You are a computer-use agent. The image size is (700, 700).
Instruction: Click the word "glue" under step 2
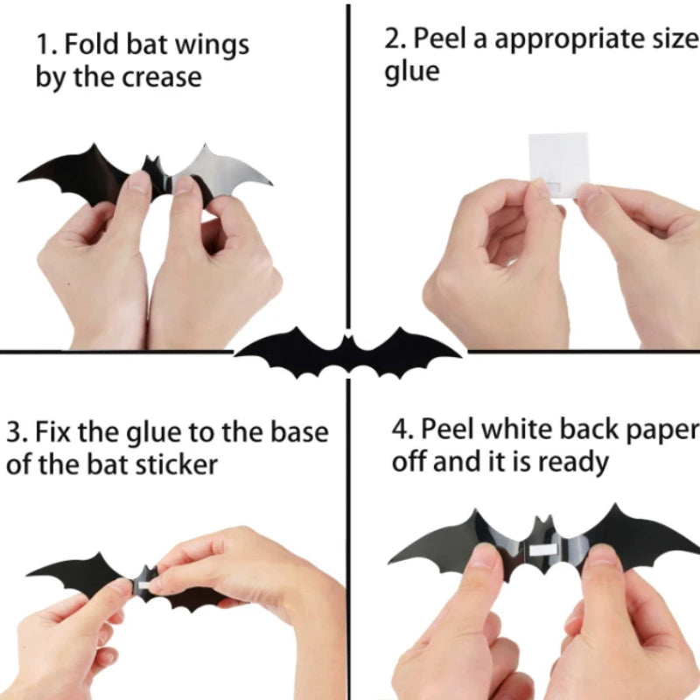click(412, 73)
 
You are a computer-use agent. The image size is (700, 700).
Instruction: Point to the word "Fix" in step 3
click(52, 432)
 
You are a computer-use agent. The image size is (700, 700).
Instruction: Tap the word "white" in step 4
click(517, 429)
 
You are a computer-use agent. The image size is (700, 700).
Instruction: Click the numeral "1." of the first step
click(47, 45)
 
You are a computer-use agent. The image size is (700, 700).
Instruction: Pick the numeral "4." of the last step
click(403, 429)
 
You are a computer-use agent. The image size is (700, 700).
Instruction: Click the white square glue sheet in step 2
click(558, 164)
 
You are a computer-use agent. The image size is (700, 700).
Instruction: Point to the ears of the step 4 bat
click(543, 522)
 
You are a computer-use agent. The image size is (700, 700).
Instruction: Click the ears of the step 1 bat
click(151, 162)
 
